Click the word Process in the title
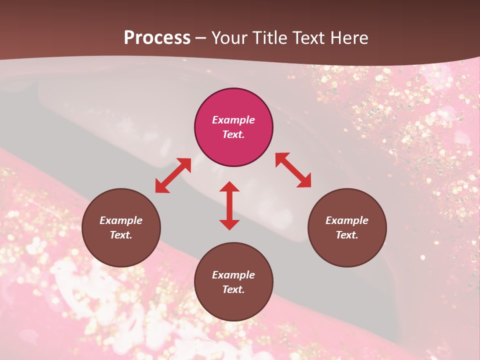click(157, 38)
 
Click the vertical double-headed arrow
click(229, 205)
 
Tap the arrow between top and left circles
click(173, 175)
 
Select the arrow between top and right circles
click(293, 170)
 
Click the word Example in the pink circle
click(233, 120)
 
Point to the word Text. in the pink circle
click(233, 134)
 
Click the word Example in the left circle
click(121, 220)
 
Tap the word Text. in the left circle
click(121, 235)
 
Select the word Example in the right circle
click(347, 220)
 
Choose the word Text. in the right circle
click(347, 235)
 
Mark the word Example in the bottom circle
click(233, 275)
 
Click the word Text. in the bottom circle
click(233, 289)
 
